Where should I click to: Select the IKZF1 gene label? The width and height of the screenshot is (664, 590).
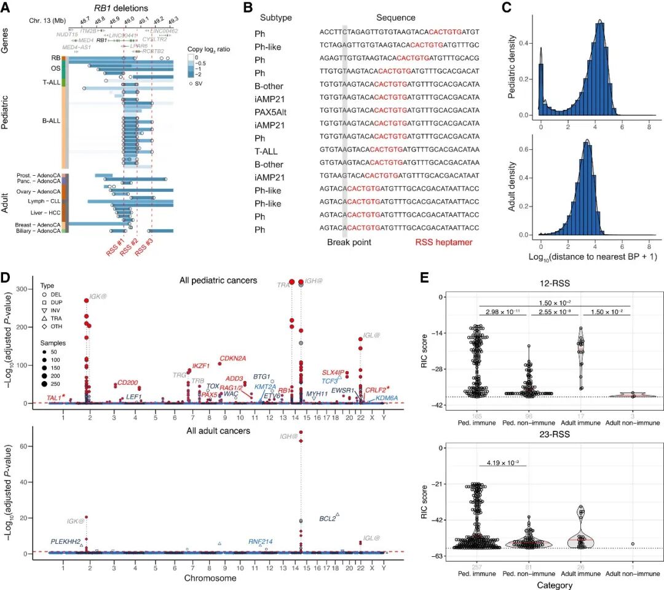click(202, 366)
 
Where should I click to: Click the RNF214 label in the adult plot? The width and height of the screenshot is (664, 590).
click(261, 541)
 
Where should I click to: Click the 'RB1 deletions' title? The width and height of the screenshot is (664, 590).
click(124, 8)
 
